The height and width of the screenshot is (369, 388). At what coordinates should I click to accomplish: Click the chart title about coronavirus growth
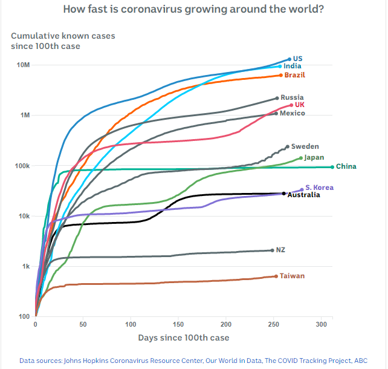pos(193,10)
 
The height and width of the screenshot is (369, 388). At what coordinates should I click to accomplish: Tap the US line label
pos(297,59)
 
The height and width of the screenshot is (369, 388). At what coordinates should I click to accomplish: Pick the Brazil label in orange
pos(294,75)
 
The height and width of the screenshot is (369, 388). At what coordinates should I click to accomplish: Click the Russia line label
pos(292,97)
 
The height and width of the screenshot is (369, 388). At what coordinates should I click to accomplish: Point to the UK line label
pos(300,105)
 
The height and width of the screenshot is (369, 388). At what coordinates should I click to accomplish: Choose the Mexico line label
pos(292,113)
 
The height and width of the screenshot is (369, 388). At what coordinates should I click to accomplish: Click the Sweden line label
pos(305,146)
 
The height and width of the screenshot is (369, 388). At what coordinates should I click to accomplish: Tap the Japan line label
pos(314,157)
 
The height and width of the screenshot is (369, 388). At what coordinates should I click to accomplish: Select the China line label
pos(346,166)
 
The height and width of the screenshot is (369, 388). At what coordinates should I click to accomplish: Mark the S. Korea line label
pos(319,188)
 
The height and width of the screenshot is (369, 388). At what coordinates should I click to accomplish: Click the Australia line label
pos(303,195)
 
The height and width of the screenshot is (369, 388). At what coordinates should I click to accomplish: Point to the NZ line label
pos(280,250)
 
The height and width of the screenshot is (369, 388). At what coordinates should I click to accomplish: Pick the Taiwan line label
pos(292,276)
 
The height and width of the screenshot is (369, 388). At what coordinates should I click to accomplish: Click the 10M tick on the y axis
pos(23,65)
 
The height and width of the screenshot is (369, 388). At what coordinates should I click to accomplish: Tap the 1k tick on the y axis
pos(25,267)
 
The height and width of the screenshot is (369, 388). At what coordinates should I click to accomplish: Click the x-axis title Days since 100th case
pos(183,337)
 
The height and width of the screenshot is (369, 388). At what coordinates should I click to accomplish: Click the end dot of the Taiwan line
pos(276,276)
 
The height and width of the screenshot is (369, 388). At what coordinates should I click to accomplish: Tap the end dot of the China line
pos(332,166)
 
